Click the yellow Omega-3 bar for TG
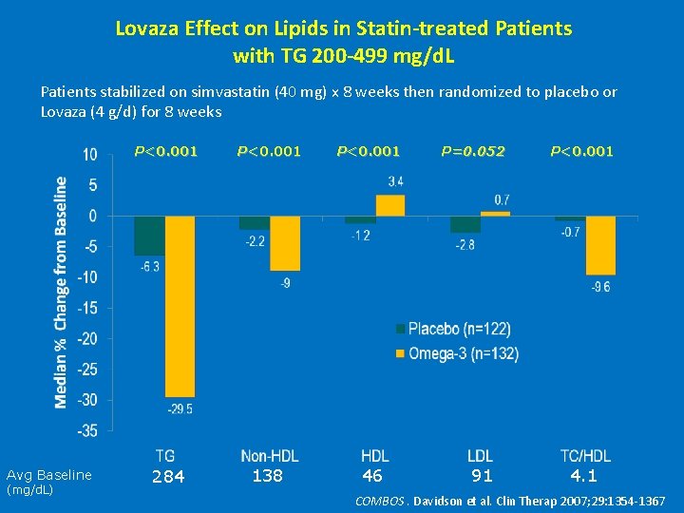180,306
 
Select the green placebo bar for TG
149,236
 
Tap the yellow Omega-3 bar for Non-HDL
285,243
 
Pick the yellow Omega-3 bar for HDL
390,206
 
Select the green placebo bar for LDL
465,224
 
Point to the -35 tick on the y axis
86,430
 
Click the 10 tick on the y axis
89,155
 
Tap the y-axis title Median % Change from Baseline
61,293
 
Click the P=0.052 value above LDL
473,151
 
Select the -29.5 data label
180,408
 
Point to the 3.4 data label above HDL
396,181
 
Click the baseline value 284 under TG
168,476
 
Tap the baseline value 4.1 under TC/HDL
583,475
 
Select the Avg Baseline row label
49,475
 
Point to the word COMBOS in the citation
379,501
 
